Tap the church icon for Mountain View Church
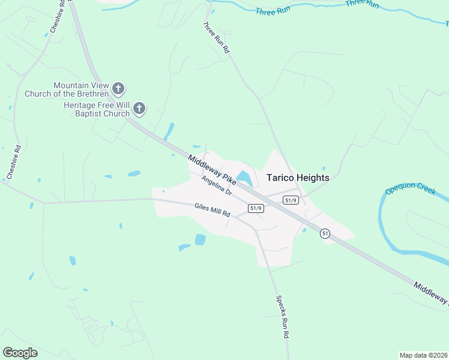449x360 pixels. [x=118, y=89]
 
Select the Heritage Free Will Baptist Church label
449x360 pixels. [x=97, y=109]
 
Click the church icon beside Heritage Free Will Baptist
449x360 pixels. [x=139, y=109]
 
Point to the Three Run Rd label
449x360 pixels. [x=217, y=38]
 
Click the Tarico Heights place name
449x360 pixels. [x=298, y=178]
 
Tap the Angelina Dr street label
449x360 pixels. [x=217, y=185]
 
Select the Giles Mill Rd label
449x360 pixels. [x=212, y=210]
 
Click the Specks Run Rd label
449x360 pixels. [x=283, y=325]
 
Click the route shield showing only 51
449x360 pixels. [x=325, y=233]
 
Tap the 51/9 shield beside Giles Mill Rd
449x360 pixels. [x=256, y=208]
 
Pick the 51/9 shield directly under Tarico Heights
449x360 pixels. [x=291, y=200]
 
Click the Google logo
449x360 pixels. [x=20, y=353]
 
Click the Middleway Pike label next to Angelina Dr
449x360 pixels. [x=212, y=170]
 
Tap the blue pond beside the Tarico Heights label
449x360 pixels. [x=244, y=178]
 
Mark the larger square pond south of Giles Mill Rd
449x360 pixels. [x=200, y=240]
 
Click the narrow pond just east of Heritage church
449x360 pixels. [x=169, y=131]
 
